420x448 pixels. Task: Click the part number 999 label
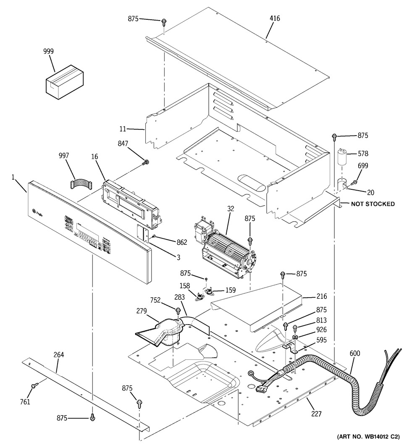[49, 51]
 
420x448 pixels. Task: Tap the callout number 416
[275, 18]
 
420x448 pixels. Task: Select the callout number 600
[354, 354]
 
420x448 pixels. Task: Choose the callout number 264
[59, 355]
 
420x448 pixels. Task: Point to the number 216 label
[322, 296]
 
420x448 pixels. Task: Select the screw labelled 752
[178, 311]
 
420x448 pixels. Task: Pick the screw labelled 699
[354, 181]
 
